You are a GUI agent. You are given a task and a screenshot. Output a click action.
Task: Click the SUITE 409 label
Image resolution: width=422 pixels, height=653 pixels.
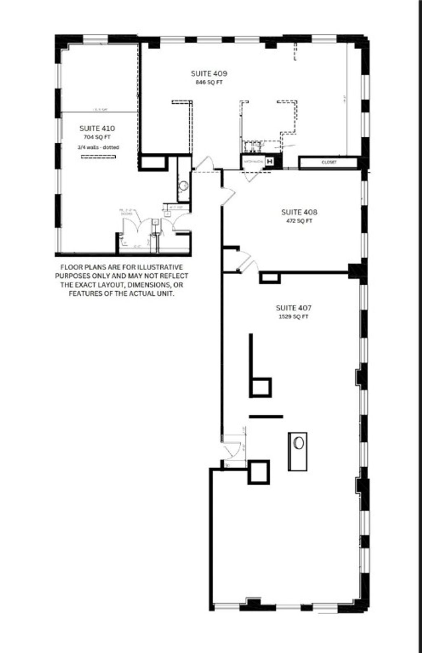coord(209,74)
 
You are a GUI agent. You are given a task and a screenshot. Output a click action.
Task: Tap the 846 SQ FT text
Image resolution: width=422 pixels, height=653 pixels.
coord(209,82)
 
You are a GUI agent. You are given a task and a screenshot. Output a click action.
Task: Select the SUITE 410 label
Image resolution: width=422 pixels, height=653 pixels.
coord(97,128)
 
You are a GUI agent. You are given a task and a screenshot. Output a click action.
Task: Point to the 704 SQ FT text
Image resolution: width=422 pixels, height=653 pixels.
coord(97,138)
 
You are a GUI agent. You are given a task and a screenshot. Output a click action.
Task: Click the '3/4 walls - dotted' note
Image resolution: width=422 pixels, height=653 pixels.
coord(98,147)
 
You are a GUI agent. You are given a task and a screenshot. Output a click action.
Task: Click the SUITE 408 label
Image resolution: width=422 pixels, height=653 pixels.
coord(299,212)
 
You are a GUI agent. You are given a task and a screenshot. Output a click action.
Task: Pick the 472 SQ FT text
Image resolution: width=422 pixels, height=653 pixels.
coord(299,221)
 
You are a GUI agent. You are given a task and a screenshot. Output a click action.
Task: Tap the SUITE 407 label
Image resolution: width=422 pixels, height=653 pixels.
coord(293,308)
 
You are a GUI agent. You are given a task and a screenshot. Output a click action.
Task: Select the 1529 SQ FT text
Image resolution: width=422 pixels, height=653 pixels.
coord(293,317)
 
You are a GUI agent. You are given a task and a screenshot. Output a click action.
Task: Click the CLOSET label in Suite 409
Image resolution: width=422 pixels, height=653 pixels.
coord(328,162)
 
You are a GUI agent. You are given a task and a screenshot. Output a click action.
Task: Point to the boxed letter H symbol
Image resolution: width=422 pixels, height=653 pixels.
coord(270,162)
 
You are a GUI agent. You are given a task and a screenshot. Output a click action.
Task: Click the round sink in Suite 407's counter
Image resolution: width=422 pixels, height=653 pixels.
coord(298,443)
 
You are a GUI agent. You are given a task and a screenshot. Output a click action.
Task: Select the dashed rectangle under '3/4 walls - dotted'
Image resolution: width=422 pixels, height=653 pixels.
coord(98,156)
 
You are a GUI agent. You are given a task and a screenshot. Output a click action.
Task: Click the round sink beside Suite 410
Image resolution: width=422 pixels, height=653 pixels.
coord(184,186)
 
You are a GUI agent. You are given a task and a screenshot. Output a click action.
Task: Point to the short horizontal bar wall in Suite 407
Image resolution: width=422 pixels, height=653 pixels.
coord(266,416)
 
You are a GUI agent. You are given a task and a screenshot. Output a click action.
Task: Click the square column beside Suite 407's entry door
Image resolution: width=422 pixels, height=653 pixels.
coord(259,472)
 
